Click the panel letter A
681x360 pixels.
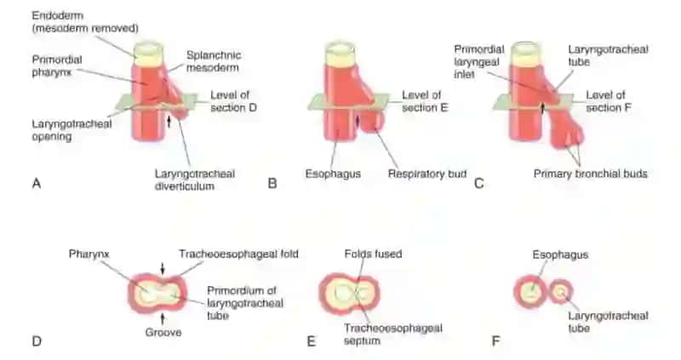[x=37, y=183]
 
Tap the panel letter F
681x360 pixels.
[x=495, y=341]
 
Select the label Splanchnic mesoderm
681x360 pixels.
[x=214, y=61]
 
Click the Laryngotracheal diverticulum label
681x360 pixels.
[x=195, y=180]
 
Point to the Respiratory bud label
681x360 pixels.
[x=427, y=174]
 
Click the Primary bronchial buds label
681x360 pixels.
[x=590, y=174]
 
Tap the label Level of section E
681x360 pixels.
[x=424, y=101]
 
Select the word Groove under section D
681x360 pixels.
[x=163, y=332]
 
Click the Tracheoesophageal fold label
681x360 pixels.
[x=238, y=254]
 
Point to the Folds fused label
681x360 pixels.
[x=373, y=254]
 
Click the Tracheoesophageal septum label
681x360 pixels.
[x=392, y=334]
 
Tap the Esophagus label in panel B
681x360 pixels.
[x=333, y=174]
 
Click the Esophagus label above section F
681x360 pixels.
[x=560, y=254]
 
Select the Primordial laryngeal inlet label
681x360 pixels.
[x=479, y=61]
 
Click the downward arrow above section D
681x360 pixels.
[x=163, y=269]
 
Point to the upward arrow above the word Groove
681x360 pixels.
[x=163, y=319]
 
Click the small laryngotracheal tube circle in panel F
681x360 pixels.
[x=561, y=291]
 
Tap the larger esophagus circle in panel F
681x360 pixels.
[x=529, y=292]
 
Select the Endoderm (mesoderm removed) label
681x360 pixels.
[x=85, y=22]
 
